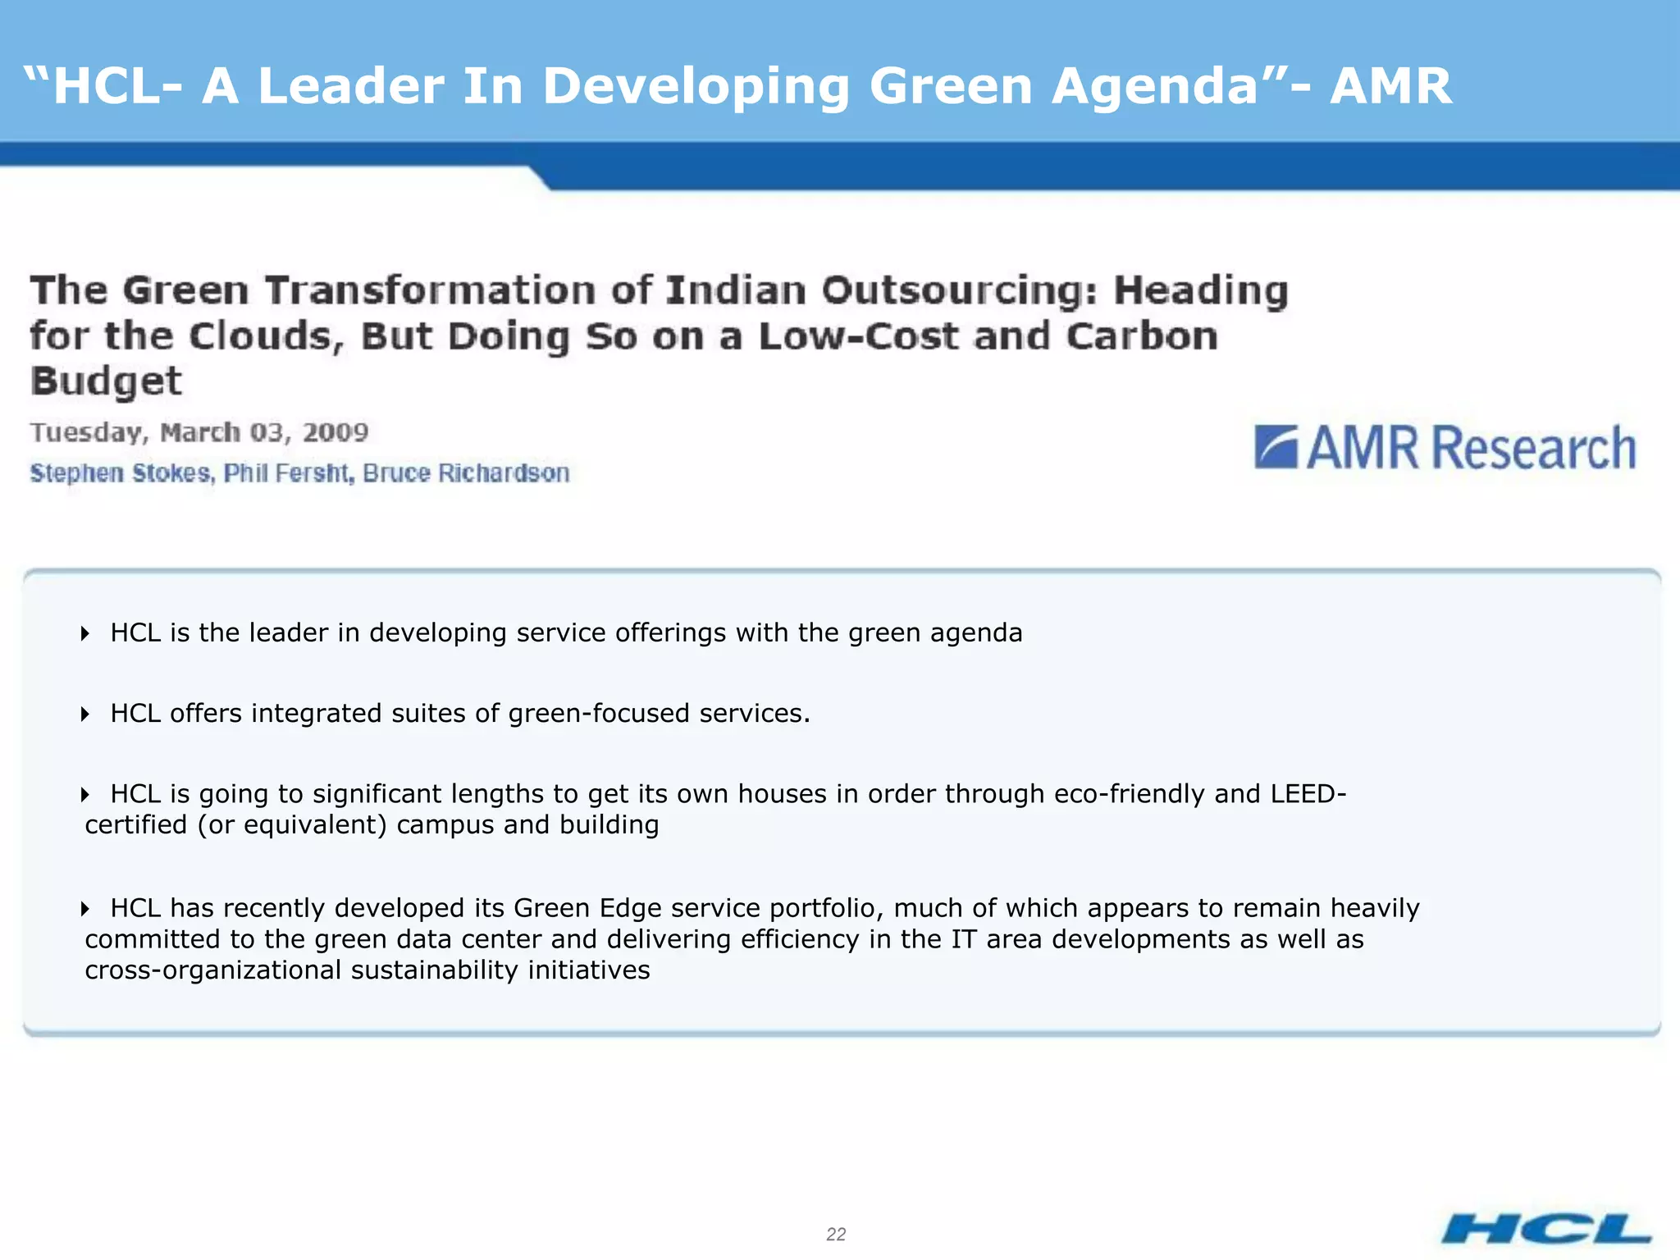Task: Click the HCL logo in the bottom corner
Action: (1545, 1229)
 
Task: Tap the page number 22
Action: (836, 1234)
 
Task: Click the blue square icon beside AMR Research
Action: (1276, 447)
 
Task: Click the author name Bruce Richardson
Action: (466, 473)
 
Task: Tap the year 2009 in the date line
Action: (336, 432)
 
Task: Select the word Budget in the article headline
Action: (106, 381)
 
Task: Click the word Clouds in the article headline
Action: (265, 336)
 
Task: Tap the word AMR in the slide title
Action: (1390, 86)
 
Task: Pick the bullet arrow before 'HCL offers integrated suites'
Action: (85, 714)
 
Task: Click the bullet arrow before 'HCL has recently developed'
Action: (85, 908)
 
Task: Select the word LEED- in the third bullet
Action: (1308, 794)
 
